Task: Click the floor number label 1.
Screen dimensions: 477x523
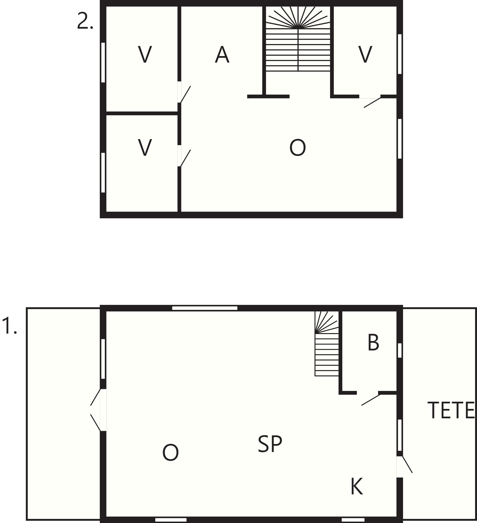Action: click(x=10, y=326)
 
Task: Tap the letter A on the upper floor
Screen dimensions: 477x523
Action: click(x=222, y=54)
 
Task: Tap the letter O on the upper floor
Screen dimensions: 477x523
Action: click(x=298, y=148)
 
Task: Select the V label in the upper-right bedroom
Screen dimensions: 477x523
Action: click(x=365, y=54)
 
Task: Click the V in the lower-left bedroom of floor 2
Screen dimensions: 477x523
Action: click(x=145, y=148)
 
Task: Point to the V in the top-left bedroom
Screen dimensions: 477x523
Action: click(x=145, y=54)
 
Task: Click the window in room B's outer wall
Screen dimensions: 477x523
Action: click(x=400, y=350)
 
